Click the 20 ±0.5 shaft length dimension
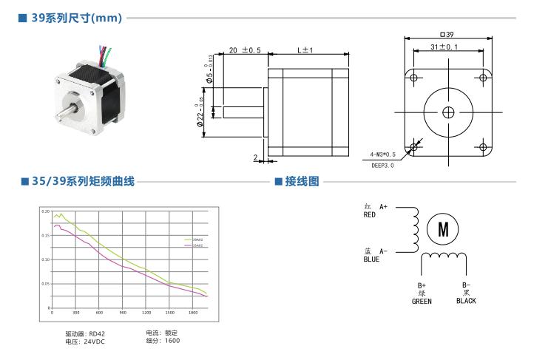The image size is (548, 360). pyautogui.click(x=244, y=50)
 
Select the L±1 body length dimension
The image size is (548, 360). pyautogui.click(x=305, y=50)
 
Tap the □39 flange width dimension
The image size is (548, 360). pyautogui.click(x=446, y=33)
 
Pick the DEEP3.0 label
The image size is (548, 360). pyautogui.click(x=382, y=166)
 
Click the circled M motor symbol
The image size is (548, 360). pyautogui.click(x=442, y=229)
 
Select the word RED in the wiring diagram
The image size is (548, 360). pyautogui.click(x=370, y=215)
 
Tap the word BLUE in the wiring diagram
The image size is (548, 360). pyautogui.click(x=371, y=259)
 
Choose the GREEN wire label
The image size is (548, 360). pyautogui.click(x=422, y=301)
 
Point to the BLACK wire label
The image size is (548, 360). pyautogui.click(x=466, y=301)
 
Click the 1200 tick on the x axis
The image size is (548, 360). pyautogui.click(x=146, y=313)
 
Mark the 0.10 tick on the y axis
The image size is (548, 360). pyautogui.click(x=46, y=259)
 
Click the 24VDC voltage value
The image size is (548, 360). pyautogui.click(x=94, y=342)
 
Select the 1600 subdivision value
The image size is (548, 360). pyautogui.click(x=173, y=341)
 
